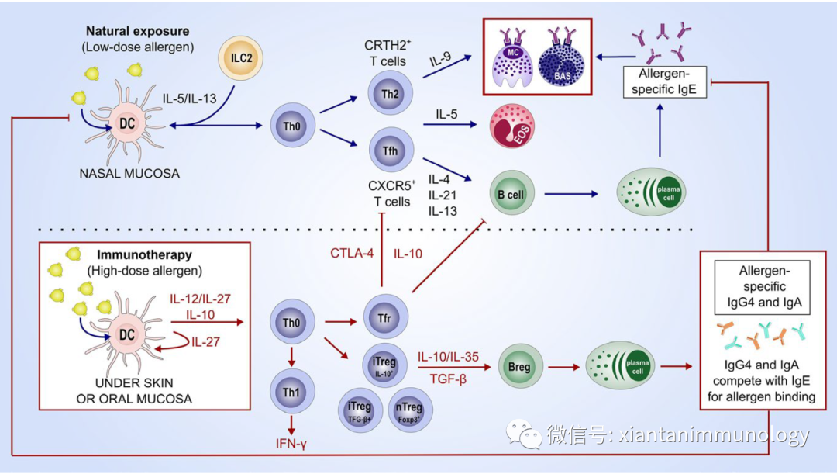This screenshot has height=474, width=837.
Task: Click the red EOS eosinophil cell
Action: coord(512,127)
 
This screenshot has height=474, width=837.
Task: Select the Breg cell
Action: coord(519,367)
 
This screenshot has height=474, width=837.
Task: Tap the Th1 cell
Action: coord(291,392)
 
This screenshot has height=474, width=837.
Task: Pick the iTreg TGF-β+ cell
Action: coord(360,409)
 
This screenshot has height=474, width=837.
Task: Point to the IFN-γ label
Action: coord(291,445)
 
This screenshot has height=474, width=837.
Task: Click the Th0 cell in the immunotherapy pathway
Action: coord(291,321)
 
